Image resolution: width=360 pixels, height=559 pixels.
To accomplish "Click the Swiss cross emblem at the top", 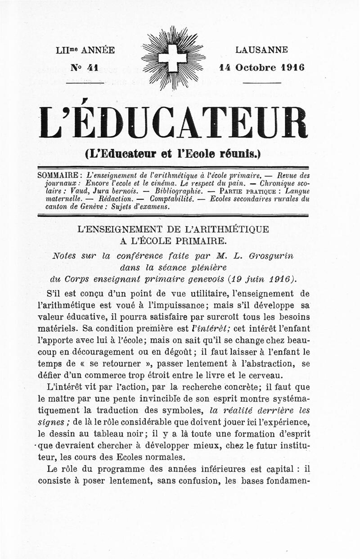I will (172, 58).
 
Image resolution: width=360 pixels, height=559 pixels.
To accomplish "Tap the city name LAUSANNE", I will (261, 50).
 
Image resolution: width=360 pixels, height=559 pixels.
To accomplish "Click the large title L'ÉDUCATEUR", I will (173, 123).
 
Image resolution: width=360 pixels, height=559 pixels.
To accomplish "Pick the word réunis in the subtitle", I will (241, 153).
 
